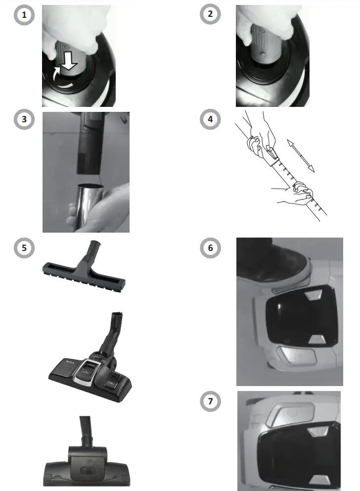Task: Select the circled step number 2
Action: [x=210, y=15]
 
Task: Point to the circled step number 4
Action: [x=210, y=121]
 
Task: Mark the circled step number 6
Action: [x=210, y=247]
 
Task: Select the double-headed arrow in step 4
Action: [x=301, y=155]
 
